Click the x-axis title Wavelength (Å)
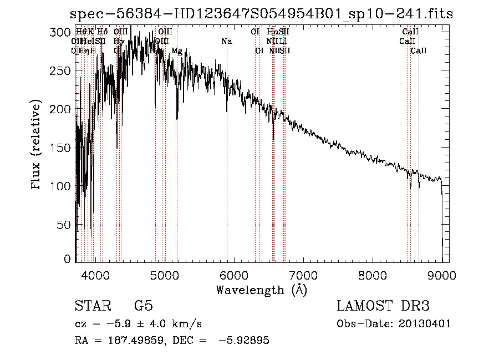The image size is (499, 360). coord(261,290)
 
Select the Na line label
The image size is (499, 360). coord(226,42)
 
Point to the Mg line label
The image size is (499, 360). coord(176,51)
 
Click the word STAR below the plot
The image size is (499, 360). coord(93,306)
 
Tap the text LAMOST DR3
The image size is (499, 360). coord(383,306)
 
